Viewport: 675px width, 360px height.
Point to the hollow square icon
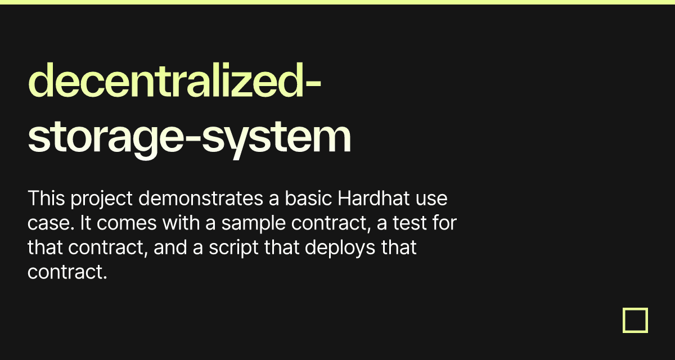[x=635, y=320]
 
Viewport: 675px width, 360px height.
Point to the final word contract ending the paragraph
[x=66, y=272]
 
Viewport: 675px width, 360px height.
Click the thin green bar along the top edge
[x=337, y=2]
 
